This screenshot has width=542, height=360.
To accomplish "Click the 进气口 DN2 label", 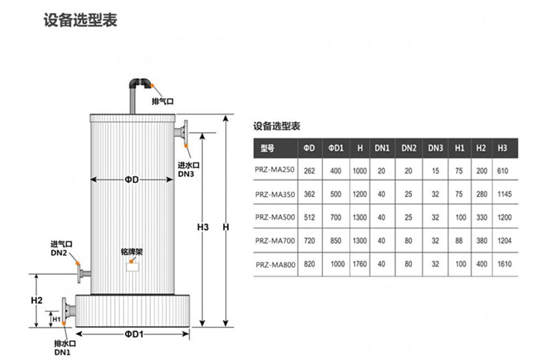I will point(60,249).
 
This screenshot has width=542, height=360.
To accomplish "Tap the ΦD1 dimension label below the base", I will point(133,334).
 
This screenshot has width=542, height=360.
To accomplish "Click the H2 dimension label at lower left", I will point(37,300).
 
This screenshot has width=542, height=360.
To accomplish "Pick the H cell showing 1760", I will point(359,263).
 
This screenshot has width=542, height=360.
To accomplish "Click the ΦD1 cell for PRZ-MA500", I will point(335,217).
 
